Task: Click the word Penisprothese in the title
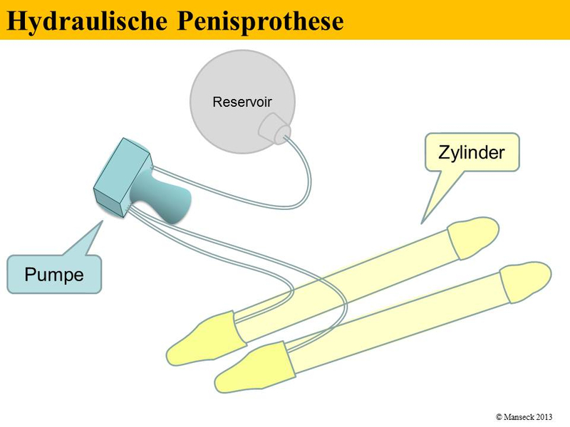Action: point(261,21)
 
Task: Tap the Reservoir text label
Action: point(242,102)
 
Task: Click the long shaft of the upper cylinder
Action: point(342,285)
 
